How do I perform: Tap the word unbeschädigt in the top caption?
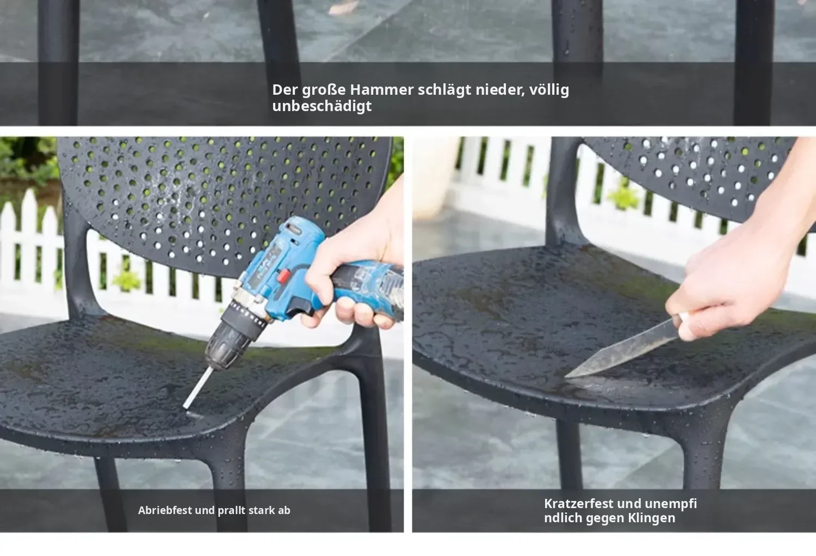[322, 106]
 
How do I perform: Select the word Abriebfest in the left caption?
[165, 510]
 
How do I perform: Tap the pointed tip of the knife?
[566, 377]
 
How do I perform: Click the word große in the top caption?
[324, 90]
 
